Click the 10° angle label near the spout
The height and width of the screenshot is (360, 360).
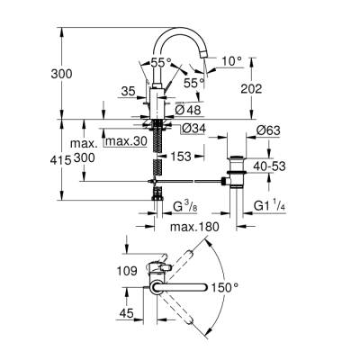tap(231, 61)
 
